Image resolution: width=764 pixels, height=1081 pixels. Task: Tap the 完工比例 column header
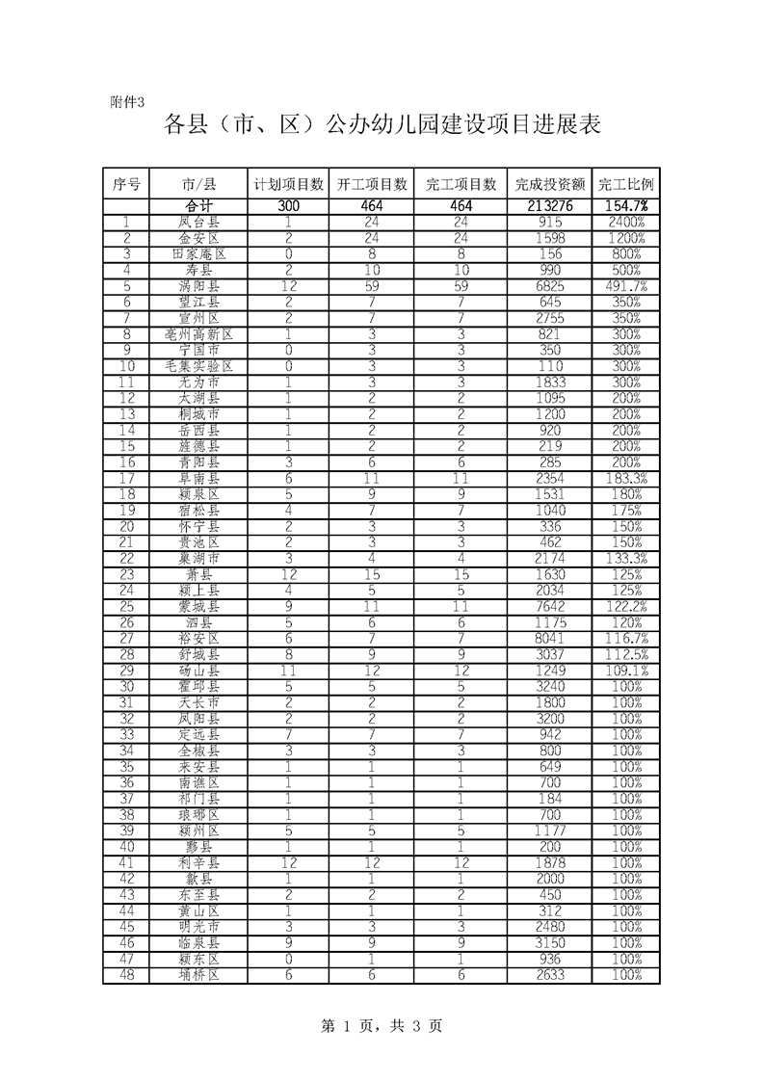click(626, 184)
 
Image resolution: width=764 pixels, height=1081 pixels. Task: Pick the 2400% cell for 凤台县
click(626, 222)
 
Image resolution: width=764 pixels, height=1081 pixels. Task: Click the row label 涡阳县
click(198, 286)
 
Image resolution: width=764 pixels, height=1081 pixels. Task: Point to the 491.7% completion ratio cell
click(626, 286)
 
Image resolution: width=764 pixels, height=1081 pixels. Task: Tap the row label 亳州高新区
click(198, 334)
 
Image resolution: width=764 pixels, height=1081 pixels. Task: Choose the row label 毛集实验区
click(198, 366)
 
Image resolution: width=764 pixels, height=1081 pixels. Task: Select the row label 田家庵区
click(198, 254)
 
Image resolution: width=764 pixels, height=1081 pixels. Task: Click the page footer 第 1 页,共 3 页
click(381, 1027)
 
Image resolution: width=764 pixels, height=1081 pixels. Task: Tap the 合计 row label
click(198, 206)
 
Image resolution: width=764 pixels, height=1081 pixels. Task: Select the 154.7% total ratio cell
click(626, 206)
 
